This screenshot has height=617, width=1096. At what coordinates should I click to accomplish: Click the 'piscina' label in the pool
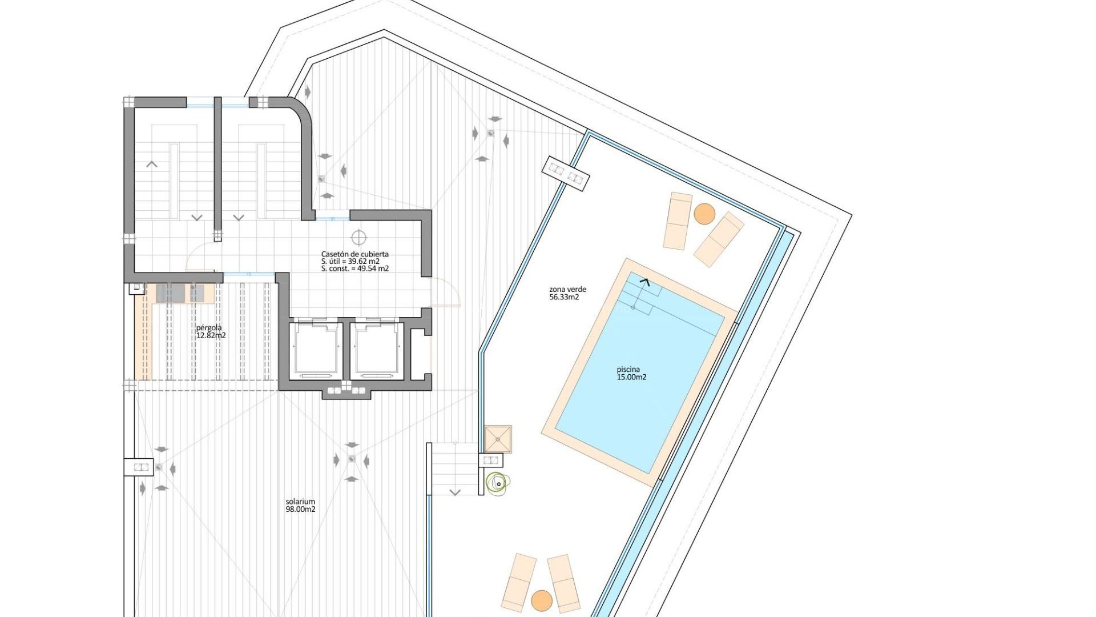point(628,369)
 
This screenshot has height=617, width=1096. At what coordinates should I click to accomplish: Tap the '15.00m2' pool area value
point(631,377)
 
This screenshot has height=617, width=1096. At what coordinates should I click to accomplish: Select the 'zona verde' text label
point(567,289)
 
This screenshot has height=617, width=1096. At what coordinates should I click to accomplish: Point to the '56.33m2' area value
point(564,297)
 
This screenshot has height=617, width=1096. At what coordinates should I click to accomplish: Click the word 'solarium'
point(300,502)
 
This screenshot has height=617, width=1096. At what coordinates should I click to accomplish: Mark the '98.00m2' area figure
point(300,510)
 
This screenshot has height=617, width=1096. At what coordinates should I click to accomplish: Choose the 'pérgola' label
point(208,328)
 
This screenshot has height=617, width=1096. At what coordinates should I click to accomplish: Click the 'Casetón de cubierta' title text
point(354,254)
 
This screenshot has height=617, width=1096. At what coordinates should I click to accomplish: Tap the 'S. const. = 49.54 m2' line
point(354,269)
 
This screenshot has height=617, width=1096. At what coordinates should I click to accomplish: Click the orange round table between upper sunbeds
point(704,214)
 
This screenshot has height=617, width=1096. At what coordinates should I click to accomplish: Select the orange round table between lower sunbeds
point(541,600)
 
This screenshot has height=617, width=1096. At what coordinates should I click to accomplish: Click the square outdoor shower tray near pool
point(498,439)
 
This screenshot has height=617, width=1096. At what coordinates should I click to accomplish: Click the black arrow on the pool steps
point(645,281)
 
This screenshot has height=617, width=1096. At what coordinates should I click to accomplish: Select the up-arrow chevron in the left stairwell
point(152,165)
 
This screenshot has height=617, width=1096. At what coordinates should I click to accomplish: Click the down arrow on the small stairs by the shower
point(455,492)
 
